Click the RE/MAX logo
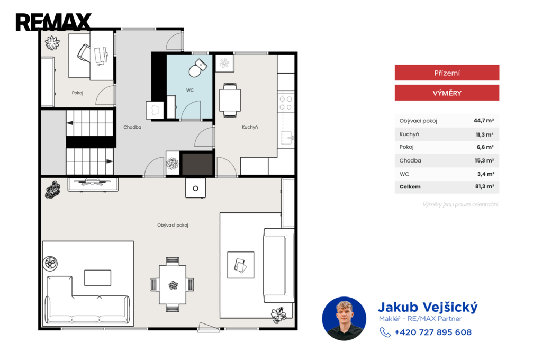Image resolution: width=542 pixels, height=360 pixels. (x=53, y=22)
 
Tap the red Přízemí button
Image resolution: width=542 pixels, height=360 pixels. (x=447, y=73)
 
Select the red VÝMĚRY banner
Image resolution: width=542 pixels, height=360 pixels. (x=447, y=93)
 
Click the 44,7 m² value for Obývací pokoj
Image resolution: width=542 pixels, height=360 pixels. (x=484, y=120)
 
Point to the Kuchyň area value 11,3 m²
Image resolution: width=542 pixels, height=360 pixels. (x=485, y=134)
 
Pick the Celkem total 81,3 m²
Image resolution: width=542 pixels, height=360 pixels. (x=485, y=186)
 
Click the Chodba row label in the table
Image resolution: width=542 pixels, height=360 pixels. (x=410, y=160)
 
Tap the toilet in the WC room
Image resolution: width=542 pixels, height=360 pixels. (x=197, y=68)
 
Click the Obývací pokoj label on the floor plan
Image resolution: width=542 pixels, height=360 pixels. (x=173, y=225)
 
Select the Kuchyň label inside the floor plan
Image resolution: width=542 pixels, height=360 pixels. (x=250, y=127)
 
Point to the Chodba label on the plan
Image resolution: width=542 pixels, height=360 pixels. (x=132, y=127)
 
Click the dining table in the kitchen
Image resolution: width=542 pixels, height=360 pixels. (x=230, y=100)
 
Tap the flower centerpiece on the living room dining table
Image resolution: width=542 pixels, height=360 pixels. (x=173, y=285)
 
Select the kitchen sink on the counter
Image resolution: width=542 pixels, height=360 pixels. (x=287, y=138)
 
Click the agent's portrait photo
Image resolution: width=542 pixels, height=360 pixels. (x=344, y=319)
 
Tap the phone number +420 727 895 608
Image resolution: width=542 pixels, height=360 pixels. (x=433, y=332)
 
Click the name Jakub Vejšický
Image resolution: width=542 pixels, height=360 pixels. (x=428, y=307)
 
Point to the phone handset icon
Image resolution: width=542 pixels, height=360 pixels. (x=385, y=332)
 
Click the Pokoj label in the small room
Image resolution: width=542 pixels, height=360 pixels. (x=77, y=93)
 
